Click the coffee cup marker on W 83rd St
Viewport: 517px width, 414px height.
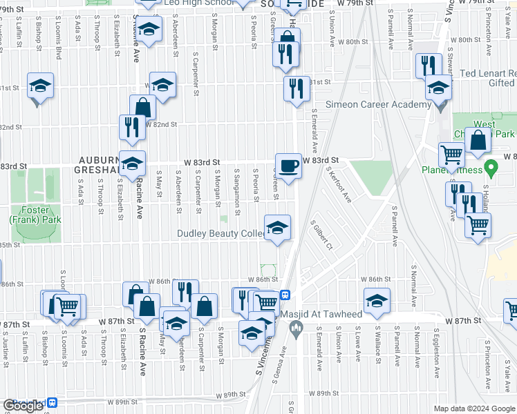288,166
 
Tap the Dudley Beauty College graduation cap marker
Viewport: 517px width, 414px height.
277,228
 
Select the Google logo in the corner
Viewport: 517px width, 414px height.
23,406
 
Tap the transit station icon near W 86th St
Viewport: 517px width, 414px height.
284,295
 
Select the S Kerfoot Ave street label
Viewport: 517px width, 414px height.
339,185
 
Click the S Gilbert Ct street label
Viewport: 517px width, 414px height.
321,236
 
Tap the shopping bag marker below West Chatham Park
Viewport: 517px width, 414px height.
478,141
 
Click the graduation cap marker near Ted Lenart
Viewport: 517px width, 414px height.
438,88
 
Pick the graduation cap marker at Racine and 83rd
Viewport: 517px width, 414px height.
132,164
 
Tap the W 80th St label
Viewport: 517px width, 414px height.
352,42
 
